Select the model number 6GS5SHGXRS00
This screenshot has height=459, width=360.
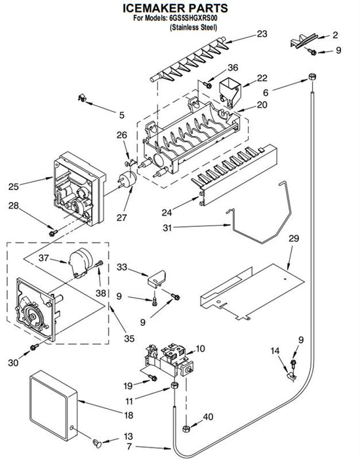(193, 18)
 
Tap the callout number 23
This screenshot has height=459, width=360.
(262, 34)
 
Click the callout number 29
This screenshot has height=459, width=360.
(294, 238)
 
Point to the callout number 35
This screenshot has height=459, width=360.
(129, 338)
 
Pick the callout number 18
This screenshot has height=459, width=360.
(129, 415)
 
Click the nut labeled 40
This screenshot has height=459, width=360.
(186, 429)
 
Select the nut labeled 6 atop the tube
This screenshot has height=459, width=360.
(312, 77)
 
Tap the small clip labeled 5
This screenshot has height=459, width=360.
(82, 98)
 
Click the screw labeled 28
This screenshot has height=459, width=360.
(53, 233)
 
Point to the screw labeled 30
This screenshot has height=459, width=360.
(34, 347)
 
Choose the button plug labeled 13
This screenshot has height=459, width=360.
(97, 443)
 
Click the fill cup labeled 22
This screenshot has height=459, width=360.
(230, 92)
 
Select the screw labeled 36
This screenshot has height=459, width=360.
(207, 85)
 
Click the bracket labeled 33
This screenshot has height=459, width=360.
(156, 278)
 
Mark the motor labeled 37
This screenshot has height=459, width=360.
(81, 262)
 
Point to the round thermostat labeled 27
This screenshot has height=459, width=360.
(127, 180)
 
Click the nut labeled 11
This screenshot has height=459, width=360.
(174, 386)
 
